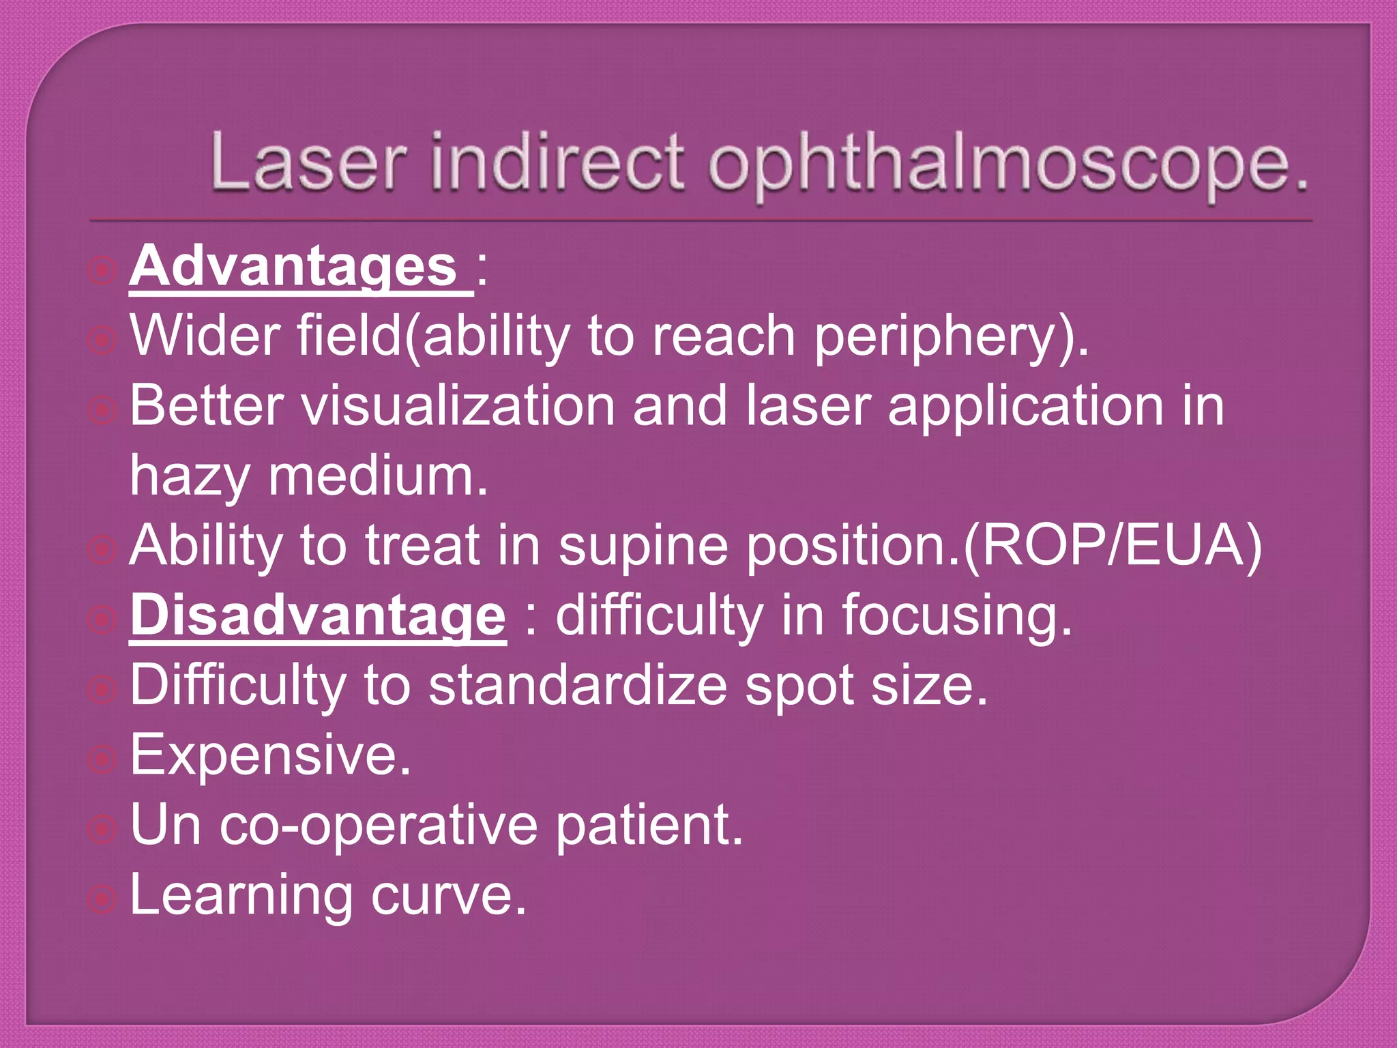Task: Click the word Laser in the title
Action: [308, 162]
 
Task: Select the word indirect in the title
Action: [557, 162]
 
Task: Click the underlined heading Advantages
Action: [293, 267]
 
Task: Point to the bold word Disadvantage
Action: [318, 616]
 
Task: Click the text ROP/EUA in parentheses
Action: [1113, 546]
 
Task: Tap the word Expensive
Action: [270, 756]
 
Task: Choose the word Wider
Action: [205, 336]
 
